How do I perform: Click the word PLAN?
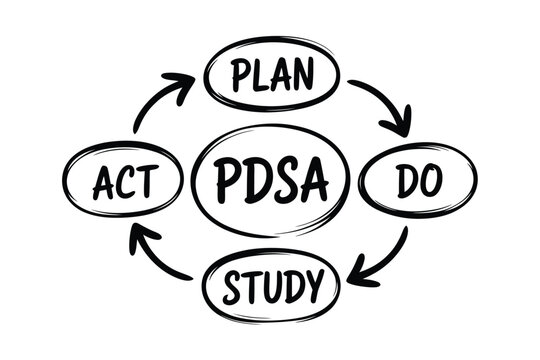272,74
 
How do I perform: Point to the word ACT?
124,184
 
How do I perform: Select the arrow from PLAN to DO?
385,104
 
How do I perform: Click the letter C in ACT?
124,184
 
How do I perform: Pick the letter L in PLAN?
259,74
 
